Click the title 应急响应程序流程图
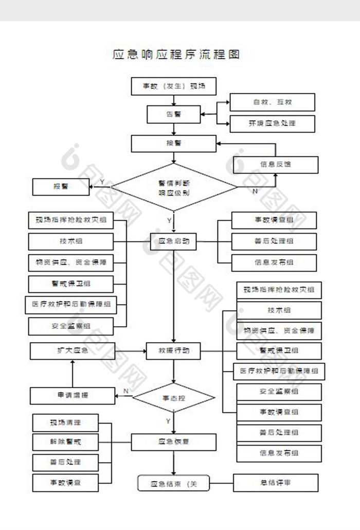point(176,54)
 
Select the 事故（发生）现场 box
point(174,86)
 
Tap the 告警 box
point(174,114)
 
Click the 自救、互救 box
point(272,102)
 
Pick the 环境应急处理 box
point(272,123)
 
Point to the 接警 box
point(174,144)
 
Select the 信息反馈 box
point(276,165)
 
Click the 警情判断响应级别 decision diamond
point(174,188)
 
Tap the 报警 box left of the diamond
point(61,186)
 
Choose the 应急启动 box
point(174,241)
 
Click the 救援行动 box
point(174,351)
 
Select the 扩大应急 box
point(73,351)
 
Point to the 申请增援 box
point(73,395)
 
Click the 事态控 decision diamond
point(174,398)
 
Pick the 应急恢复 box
point(174,441)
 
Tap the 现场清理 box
point(65,423)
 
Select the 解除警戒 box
point(65,442)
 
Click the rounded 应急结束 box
point(174,483)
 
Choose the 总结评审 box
point(276,483)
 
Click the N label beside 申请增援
point(125,391)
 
